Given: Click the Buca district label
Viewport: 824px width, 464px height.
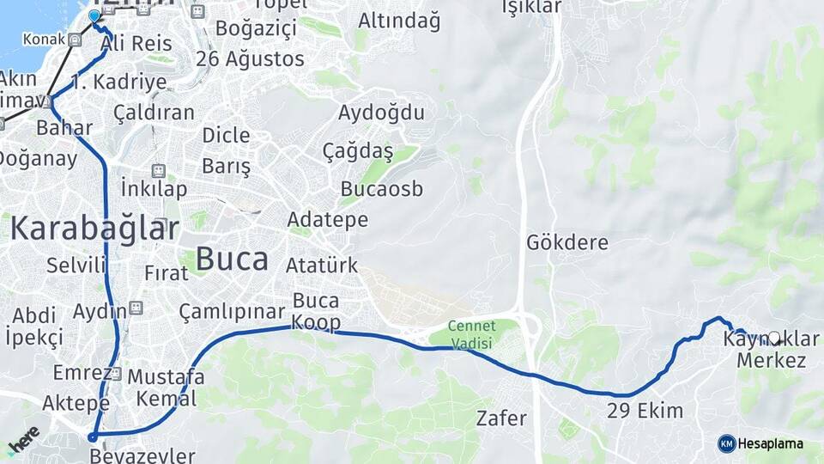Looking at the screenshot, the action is point(232,258).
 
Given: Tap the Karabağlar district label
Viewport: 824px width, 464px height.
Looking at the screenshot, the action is point(94,229).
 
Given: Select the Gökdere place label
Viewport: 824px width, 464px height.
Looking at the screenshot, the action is point(567,242).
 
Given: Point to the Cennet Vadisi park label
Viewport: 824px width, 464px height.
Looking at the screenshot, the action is point(472,335).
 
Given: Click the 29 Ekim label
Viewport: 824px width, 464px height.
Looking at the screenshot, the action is point(645,411).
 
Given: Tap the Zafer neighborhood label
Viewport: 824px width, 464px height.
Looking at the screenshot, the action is point(501,418).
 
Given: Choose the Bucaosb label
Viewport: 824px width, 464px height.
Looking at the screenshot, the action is point(382,189).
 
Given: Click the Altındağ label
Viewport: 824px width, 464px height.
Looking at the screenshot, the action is point(399,20).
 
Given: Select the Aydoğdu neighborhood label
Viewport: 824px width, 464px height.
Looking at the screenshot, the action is point(381,113).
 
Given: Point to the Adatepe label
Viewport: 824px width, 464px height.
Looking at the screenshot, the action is point(328,220).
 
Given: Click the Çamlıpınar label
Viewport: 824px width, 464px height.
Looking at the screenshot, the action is point(232,310).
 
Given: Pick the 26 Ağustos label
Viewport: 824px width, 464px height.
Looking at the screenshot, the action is point(250,59).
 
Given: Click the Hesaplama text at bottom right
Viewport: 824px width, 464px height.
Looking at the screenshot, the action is point(771,443).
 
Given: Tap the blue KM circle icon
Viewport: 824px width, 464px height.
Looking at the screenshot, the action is point(727,443).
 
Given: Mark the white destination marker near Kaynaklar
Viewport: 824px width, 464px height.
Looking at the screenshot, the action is point(774,339).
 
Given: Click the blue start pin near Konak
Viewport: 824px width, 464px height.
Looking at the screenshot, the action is point(94,16).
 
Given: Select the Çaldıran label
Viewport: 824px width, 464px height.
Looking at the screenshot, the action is point(154,113).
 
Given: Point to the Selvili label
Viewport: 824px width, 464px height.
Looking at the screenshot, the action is point(76,265).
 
